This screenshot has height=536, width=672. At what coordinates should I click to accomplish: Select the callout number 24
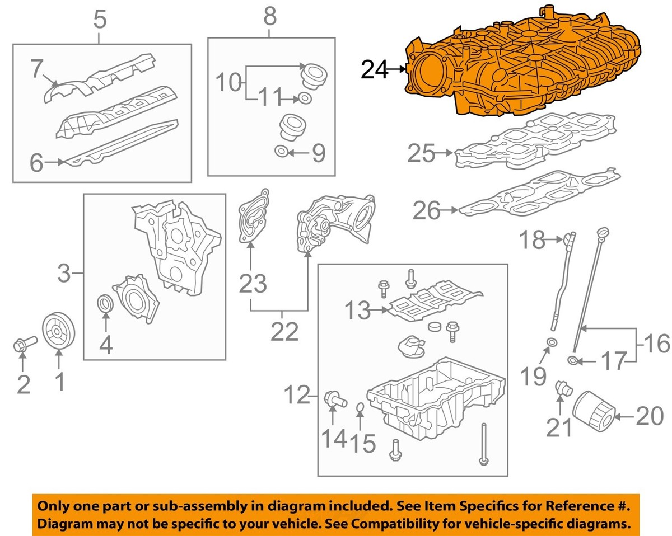click(374, 69)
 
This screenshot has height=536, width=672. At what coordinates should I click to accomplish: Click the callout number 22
click(284, 332)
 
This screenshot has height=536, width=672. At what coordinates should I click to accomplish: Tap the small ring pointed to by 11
click(304, 99)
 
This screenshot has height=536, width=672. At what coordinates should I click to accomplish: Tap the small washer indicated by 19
click(552, 342)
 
